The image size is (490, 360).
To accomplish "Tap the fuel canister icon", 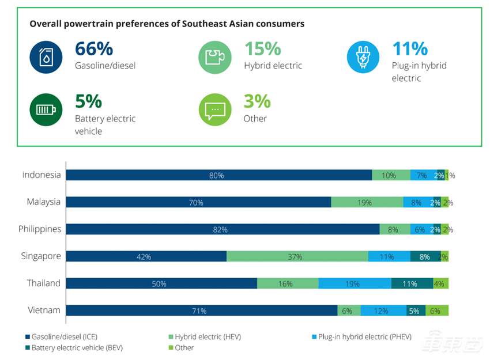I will point(46,56).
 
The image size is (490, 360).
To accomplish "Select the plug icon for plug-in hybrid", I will point(363,56).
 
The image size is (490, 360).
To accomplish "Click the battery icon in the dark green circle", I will point(46,109).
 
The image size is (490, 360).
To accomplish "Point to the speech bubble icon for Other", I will point(215,109).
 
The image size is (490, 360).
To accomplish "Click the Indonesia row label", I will point(42,175).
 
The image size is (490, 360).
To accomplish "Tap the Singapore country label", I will point(41,256).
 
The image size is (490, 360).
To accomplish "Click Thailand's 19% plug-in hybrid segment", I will point(355,283).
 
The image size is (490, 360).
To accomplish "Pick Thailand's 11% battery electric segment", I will point(412,283).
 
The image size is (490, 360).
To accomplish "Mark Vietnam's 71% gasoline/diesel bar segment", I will point(201,310).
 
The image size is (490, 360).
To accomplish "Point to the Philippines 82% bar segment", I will point(223,229).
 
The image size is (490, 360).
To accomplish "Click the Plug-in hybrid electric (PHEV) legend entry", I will point(363,336).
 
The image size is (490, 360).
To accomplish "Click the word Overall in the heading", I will point(46,24).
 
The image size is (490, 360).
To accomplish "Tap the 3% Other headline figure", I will point(257,101).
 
